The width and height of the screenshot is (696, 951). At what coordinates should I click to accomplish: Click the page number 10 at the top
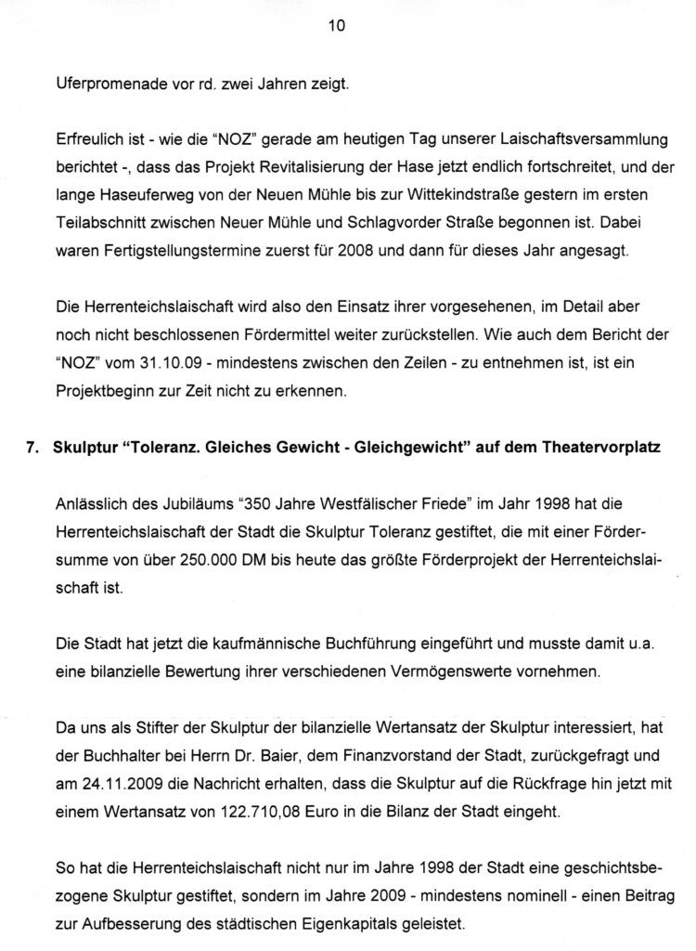337,27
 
